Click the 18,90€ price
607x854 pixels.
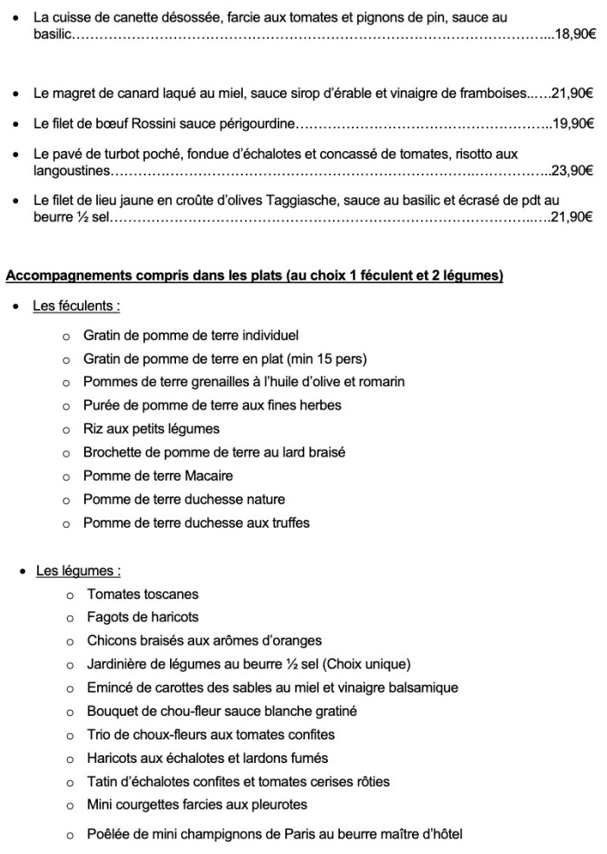point(576,34)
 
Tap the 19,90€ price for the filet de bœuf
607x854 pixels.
point(573,124)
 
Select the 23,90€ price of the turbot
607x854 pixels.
point(573,171)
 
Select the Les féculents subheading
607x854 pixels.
point(76,306)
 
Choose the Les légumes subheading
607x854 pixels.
point(78,571)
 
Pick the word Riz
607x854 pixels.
point(94,429)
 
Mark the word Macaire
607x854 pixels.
point(208,476)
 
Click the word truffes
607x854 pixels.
point(287,522)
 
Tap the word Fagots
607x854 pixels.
point(108,618)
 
